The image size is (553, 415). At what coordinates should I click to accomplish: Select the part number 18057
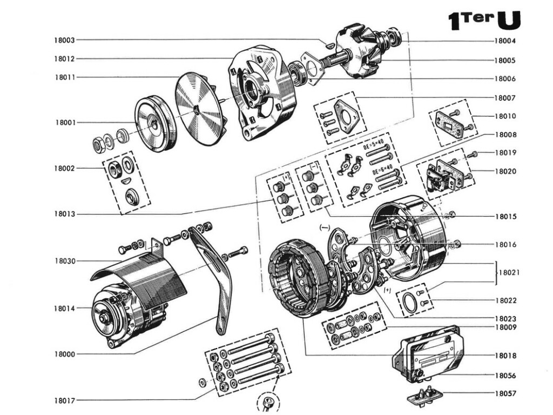(x=505, y=393)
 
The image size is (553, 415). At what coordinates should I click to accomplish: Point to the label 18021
(x=509, y=273)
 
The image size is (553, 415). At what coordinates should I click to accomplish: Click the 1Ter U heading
(x=484, y=20)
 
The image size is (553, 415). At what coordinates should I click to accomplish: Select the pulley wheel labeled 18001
(x=155, y=124)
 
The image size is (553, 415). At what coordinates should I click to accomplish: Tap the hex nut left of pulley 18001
(x=99, y=144)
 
